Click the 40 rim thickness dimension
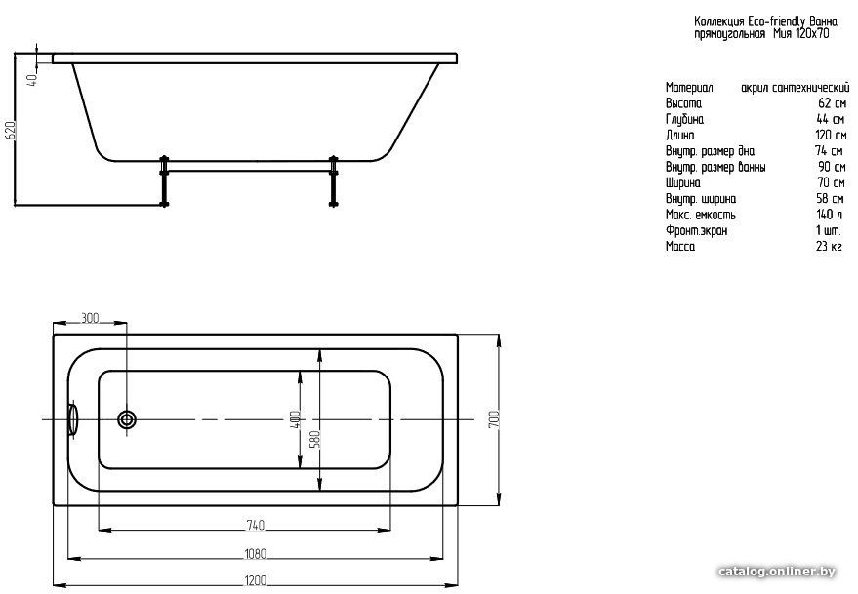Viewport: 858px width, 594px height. point(33,80)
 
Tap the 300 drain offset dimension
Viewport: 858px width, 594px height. point(90,318)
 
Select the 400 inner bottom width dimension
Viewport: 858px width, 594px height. point(295,419)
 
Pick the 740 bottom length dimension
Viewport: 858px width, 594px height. point(255,525)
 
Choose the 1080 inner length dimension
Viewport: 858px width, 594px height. point(255,554)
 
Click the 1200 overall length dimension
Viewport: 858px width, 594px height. point(255,581)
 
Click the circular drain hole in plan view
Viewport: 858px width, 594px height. point(127,419)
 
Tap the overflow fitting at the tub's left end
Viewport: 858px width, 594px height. point(72,419)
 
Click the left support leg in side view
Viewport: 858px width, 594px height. point(164,181)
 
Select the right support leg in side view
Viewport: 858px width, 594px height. point(333,181)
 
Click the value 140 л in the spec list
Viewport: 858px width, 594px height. point(829,215)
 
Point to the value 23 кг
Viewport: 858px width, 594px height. point(829,246)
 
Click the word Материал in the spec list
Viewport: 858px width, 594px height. point(689,88)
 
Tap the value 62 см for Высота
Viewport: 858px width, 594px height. point(833,102)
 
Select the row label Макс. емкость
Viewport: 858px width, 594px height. point(701,215)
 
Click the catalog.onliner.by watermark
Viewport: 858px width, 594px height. point(777,572)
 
